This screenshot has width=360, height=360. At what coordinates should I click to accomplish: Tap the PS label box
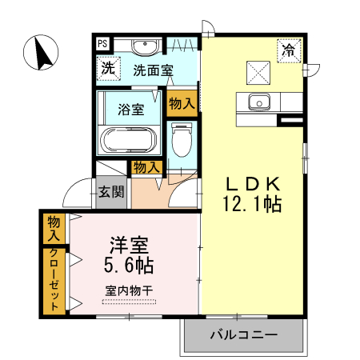tap(103, 44)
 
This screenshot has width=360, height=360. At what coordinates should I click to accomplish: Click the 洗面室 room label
tap(153, 70)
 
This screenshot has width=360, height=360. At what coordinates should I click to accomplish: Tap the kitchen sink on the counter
tap(258, 102)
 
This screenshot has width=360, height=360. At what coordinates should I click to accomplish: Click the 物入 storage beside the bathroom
tap(182, 102)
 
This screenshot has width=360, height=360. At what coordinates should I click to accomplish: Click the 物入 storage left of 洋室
tap(54, 229)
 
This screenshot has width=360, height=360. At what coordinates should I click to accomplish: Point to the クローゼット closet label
tap(54, 280)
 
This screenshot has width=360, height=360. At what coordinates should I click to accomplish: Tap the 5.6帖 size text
tap(128, 264)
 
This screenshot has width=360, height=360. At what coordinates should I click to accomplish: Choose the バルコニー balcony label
tap(244, 334)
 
